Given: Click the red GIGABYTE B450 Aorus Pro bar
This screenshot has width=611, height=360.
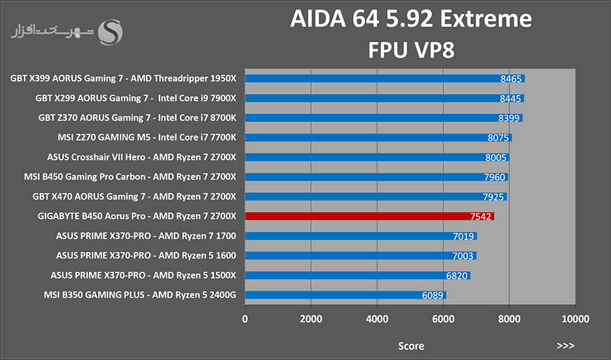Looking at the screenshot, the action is click(x=369, y=216).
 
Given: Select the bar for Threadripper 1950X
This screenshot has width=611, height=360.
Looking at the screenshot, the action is click(x=385, y=78).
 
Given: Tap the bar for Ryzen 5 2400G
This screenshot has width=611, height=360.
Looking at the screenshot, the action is click(x=346, y=295).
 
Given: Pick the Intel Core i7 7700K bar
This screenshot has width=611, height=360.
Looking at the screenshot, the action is click(x=378, y=137).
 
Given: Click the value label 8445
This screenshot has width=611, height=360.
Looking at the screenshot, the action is click(x=510, y=98).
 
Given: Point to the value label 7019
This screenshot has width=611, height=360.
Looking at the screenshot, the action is click(x=463, y=236).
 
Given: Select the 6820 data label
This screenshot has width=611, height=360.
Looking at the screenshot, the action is click(x=457, y=276).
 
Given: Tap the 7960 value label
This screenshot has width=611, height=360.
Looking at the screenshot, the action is click(x=494, y=177).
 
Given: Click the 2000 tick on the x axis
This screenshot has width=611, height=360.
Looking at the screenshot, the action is click(x=311, y=319).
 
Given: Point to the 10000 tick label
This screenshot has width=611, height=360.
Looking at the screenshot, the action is click(x=575, y=319).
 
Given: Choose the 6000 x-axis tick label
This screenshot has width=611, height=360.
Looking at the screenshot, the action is click(x=443, y=319).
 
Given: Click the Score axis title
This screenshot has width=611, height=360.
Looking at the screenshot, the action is click(x=411, y=346).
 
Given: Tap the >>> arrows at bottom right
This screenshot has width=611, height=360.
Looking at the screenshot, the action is click(x=566, y=346).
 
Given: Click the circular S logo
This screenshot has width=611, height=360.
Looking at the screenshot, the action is click(x=110, y=33).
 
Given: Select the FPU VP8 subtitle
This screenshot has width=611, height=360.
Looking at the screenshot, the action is click(x=411, y=50).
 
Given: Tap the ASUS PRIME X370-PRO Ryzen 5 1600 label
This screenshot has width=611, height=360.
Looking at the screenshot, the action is click(x=146, y=255).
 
